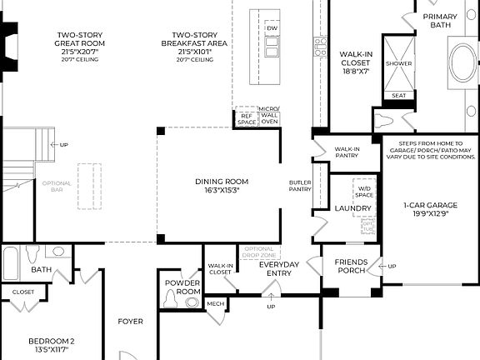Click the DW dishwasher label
pyautogui.click(x=272, y=29)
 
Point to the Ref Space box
pyautogui.click(x=247, y=118)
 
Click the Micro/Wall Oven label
pyautogui.click(x=270, y=116)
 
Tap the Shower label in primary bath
pyautogui.click(x=398, y=63)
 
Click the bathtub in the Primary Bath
pyautogui.click(x=463, y=63)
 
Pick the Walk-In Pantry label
pyautogui.click(x=347, y=152)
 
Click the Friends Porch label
pyautogui.click(x=351, y=267)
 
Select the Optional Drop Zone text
pyautogui.click(x=257, y=252)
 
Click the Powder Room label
pyautogui.click(x=182, y=287)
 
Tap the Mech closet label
pyautogui.click(x=215, y=303)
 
